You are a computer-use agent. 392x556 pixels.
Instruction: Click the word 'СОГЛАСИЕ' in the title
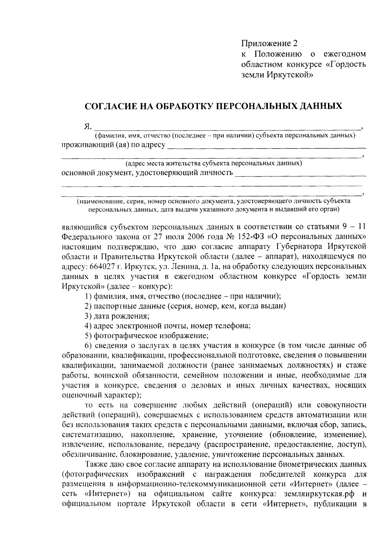point(109,106)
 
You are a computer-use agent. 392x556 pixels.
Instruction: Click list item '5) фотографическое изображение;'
point(146,335)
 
